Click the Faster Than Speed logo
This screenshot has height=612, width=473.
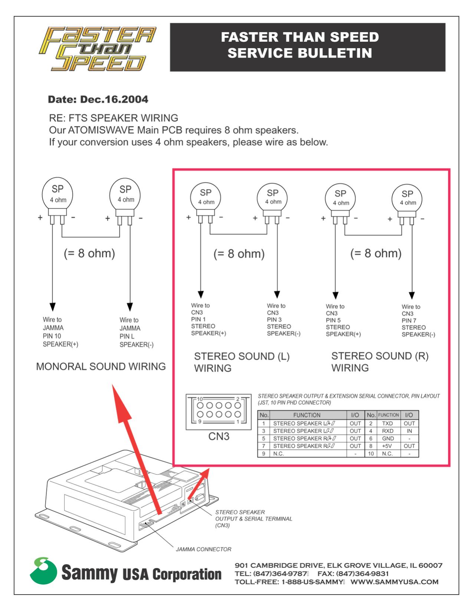97,49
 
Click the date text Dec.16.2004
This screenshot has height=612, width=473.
114,99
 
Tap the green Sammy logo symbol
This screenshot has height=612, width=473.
43,571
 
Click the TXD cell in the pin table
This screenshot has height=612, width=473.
387,423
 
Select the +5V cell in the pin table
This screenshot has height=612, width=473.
387,446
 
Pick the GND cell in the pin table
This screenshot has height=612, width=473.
388,438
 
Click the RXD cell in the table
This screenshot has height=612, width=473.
387,431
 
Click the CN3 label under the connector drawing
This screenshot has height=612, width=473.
219,437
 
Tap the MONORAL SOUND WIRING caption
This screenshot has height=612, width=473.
101,366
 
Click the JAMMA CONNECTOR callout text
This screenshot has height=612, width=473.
203,549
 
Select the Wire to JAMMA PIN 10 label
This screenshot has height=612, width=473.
60,332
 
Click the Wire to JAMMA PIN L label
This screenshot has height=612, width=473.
136,332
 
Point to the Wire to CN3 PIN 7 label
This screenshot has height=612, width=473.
418,320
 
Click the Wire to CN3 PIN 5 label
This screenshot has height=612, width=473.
343,320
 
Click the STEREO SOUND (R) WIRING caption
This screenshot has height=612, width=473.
379,362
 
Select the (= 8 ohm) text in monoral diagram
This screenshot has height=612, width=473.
89,253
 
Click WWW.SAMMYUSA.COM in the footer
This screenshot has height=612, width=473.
394,582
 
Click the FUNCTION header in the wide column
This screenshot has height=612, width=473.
306,415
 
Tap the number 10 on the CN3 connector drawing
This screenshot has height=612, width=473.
200,399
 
